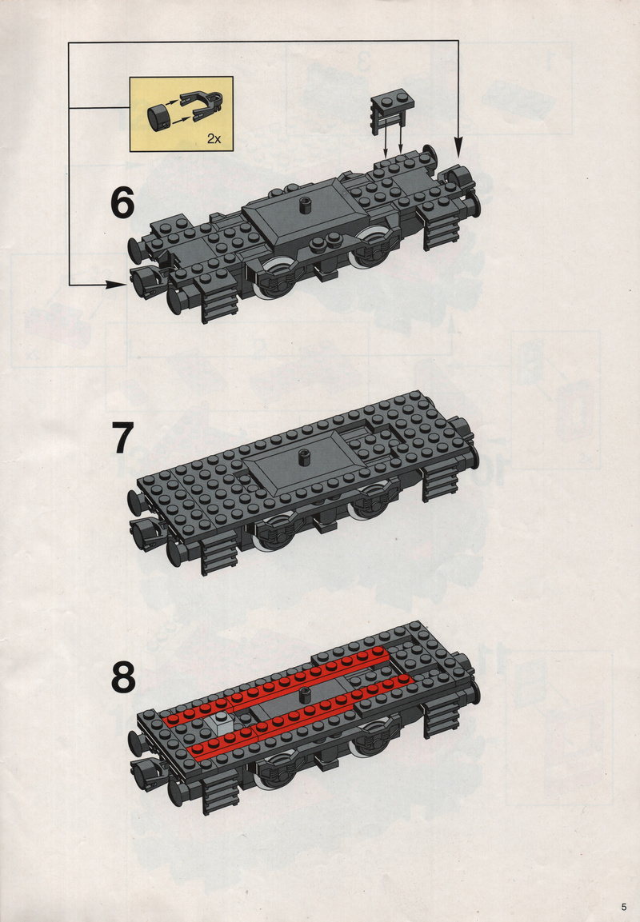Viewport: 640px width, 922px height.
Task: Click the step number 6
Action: tap(122, 203)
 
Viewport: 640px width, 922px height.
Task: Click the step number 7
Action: tap(123, 438)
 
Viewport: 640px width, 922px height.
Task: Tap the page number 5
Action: tap(623, 906)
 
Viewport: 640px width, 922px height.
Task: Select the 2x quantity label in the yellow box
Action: tap(214, 139)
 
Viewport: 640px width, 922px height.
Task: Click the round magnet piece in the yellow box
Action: tap(158, 115)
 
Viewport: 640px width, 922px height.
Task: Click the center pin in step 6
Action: tap(305, 206)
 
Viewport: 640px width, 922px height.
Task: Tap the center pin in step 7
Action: tap(304, 457)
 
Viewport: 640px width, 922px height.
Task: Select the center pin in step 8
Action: tap(305, 694)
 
